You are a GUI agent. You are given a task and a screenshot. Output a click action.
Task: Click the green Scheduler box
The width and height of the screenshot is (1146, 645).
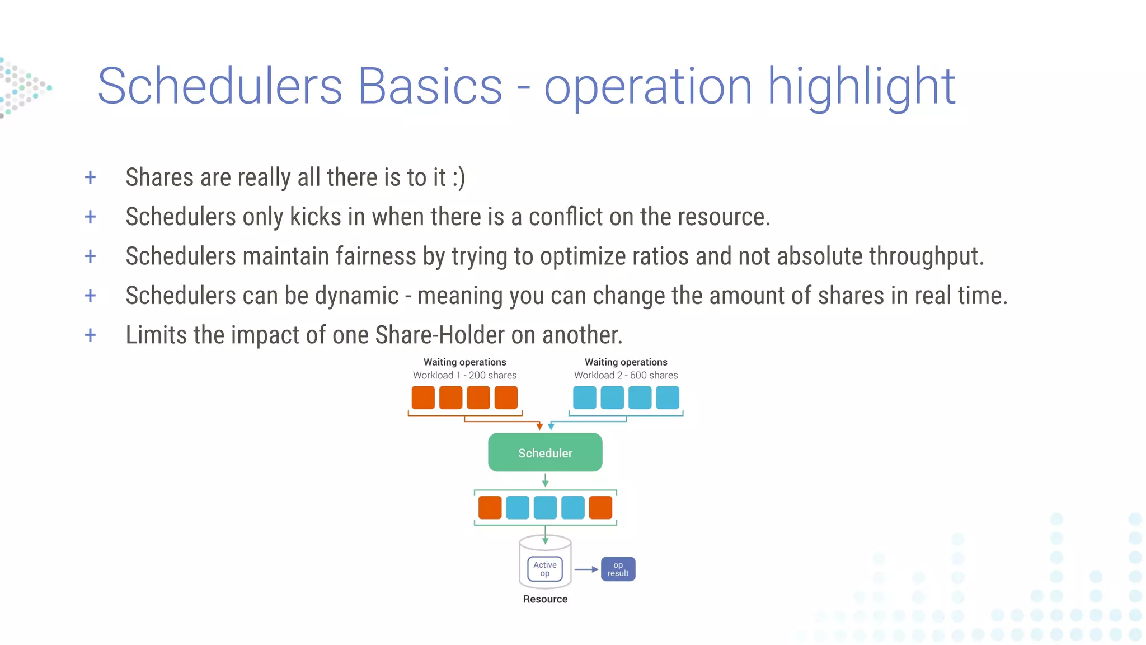click(x=545, y=452)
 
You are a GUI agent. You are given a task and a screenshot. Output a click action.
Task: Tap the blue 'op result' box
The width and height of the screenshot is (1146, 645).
click(x=618, y=569)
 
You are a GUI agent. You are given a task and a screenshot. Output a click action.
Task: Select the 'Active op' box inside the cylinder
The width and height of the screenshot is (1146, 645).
click(x=544, y=569)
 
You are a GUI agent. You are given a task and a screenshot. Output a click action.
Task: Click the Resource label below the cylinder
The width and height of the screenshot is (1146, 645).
click(x=545, y=599)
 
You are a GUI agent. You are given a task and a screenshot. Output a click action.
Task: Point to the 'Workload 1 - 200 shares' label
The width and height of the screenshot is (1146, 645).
click(x=464, y=375)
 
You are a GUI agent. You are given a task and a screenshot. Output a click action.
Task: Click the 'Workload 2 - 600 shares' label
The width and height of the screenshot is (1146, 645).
click(x=626, y=375)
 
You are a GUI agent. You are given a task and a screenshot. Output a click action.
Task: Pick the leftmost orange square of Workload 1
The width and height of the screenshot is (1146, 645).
click(x=423, y=398)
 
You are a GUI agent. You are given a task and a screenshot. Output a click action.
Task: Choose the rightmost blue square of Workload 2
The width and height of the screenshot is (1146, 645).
click(x=667, y=398)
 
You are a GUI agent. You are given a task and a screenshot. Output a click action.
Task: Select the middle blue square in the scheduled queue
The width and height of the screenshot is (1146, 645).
click(x=545, y=507)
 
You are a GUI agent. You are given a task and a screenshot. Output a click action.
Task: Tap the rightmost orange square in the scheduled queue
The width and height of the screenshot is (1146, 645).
click(x=600, y=507)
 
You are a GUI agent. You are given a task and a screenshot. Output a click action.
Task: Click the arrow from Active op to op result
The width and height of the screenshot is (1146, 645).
click(x=586, y=569)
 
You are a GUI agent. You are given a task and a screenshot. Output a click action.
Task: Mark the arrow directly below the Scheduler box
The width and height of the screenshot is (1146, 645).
click(x=545, y=480)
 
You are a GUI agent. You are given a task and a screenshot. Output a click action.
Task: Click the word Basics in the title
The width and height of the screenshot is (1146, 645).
click(x=430, y=86)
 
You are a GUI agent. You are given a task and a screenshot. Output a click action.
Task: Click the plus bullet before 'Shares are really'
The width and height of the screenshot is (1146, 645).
click(x=90, y=177)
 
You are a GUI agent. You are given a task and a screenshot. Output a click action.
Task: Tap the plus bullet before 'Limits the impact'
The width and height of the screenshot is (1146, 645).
click(x=90, y=335)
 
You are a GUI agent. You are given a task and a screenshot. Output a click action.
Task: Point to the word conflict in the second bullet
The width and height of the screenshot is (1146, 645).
click(x=565, y=217)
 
